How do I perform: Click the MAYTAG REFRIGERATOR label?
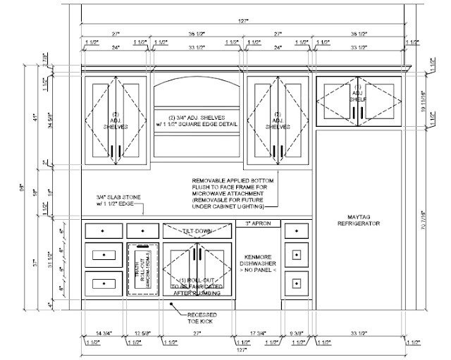pyautogui.click(x=357, y=218)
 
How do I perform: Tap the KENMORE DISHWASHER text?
pyautogui.click(x=257, y=261)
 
